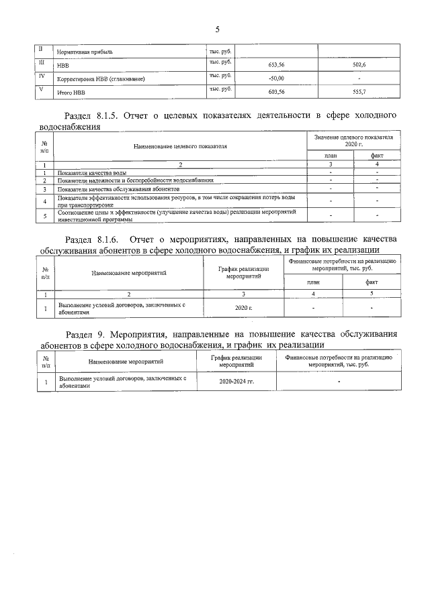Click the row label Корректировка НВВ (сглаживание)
pyautogui.click(x=101, y=79)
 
